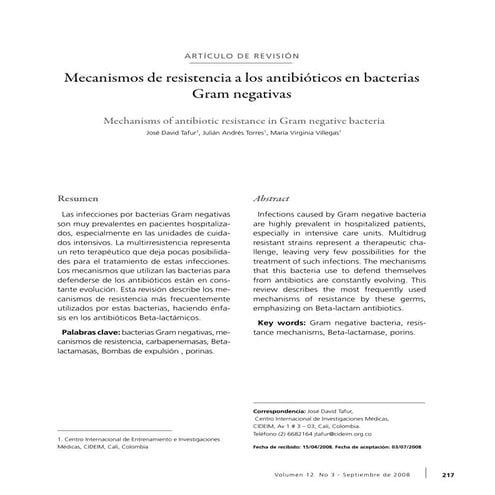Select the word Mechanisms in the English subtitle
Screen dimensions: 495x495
click(x=147, y=119)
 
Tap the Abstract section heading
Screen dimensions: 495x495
click(x=271, y=200)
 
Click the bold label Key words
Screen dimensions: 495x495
click(x=281, y=323)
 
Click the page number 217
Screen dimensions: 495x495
click(x=448, y=475)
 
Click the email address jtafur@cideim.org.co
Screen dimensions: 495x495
click(x=342, y=435)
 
